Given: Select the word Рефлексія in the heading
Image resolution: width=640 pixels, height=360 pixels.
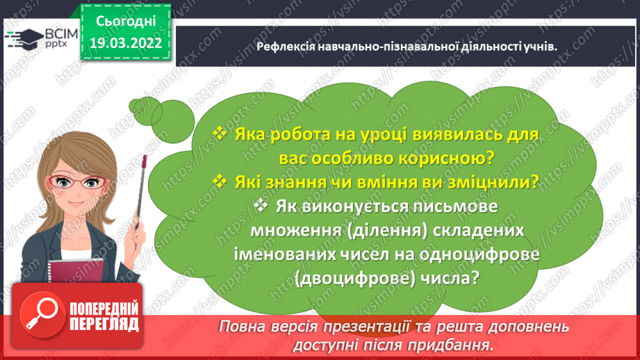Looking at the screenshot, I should point(285,47).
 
